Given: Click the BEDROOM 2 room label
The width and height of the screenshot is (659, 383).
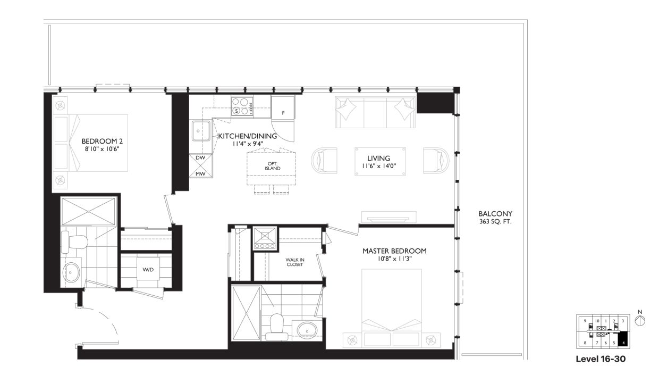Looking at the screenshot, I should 102,141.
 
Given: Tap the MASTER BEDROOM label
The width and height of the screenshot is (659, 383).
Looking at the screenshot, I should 394,251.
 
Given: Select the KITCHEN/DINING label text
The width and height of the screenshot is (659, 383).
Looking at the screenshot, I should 248,136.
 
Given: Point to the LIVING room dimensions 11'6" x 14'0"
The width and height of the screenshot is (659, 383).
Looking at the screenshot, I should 378,166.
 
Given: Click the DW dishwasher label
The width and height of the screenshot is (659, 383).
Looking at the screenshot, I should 200,158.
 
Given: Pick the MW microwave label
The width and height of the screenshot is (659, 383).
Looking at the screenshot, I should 200,173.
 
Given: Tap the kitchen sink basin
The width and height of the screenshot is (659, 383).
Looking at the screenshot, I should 201,130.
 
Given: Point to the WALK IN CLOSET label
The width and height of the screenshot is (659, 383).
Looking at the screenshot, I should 294,262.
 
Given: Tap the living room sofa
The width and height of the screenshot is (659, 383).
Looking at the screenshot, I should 375,113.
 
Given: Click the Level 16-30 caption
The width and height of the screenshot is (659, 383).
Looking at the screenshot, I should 601,359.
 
